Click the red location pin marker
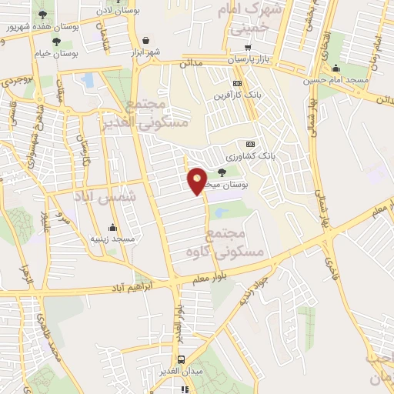198,180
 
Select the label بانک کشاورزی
249,156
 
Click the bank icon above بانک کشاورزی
249,144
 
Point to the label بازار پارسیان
250,59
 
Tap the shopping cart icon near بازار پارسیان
247,48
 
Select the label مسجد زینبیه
114,239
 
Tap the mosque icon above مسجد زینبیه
113,227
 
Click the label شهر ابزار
146,52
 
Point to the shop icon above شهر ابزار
146,39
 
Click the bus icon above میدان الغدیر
182,359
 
